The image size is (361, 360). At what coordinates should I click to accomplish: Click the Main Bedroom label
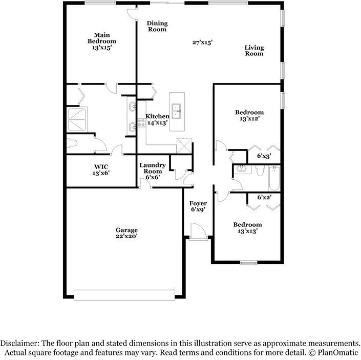tap(101, 41)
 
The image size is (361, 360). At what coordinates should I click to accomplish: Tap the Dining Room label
tap(157, 26)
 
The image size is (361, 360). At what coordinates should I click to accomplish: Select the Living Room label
tap(253, 50)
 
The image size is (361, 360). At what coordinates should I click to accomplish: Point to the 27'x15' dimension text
tap(202, 43)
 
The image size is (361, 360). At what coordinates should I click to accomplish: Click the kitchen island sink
tap(177, 108)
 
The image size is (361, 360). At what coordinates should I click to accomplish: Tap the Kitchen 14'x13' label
tap(158, 120)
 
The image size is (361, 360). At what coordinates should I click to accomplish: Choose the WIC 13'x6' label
tap(101, 170)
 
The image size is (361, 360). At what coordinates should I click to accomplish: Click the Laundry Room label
tap(153, 171)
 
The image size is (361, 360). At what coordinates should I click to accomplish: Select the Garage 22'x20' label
tap(126, 234)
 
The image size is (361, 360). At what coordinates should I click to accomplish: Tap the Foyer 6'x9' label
tap(198, 206)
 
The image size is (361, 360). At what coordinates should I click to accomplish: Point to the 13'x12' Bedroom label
tap(249, 116)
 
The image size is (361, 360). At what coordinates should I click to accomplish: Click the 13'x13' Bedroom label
tap(247, 227)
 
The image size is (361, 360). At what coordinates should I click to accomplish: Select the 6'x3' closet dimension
tap(264, 156)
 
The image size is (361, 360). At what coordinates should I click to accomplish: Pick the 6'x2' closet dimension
tap(264, 197)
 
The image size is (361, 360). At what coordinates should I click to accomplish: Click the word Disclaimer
tap(18, 343)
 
